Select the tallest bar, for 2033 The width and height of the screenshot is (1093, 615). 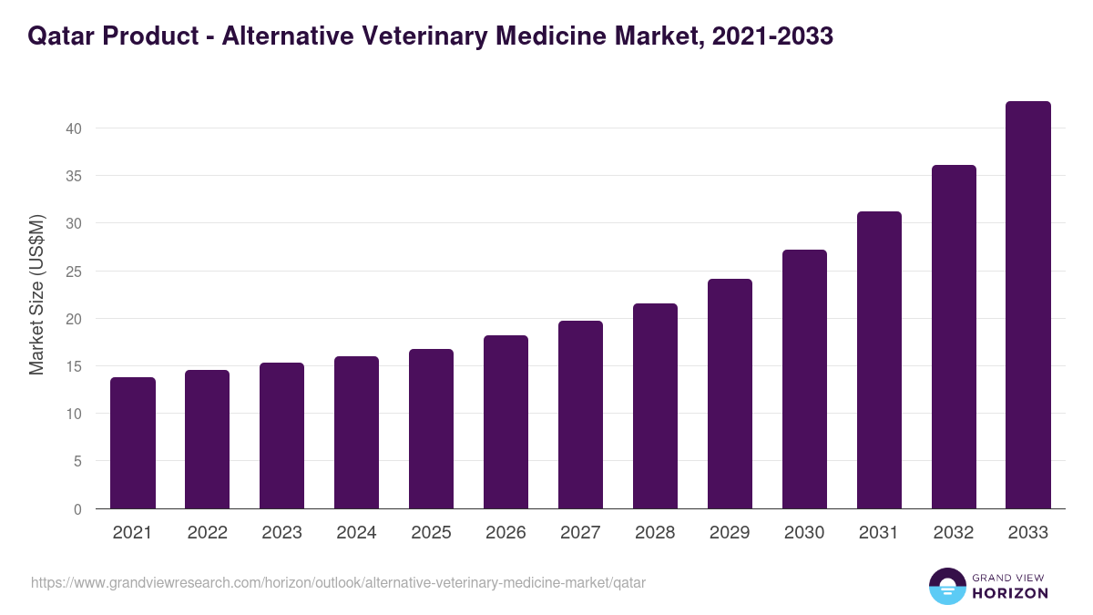1028,305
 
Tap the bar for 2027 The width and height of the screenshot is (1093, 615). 580,415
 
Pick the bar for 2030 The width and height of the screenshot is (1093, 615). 804,379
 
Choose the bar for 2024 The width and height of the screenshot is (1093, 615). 356,432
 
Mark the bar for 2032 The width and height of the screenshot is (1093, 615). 954,336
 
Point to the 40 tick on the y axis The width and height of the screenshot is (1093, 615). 74,128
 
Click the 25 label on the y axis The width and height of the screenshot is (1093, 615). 74,272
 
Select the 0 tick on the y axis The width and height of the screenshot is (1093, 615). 77,509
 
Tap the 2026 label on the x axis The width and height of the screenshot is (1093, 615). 506,533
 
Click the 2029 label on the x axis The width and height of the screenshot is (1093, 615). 730,533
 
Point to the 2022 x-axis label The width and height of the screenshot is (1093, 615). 207,533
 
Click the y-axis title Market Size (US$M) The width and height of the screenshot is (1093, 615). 36,295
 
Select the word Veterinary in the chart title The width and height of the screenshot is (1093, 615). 433,36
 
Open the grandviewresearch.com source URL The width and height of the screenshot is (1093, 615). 338,582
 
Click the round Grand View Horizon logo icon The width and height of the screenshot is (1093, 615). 947,586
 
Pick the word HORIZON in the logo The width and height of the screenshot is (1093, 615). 1010,593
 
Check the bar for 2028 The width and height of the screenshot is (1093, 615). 655,405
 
